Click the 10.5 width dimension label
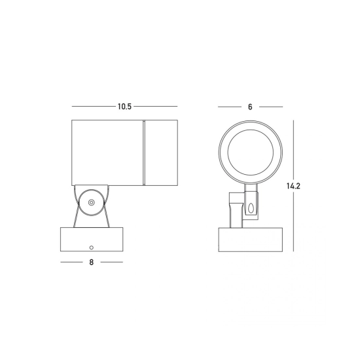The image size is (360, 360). click(x=124, y=107)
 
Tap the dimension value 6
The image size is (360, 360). click(x=250, y=107)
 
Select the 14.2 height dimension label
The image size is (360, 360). click(x=293, y=186)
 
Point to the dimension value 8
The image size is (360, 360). click(x=92, y=262)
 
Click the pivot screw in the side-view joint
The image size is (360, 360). click(x=92, y=202)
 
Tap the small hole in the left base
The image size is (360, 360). click(x=92, y=247)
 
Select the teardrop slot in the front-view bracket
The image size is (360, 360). click(x=251, y=208)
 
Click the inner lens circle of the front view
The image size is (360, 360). click(x=251, y=153)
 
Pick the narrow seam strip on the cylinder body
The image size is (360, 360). click(x=144, y=153)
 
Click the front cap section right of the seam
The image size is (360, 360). click(x=162, y=153)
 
